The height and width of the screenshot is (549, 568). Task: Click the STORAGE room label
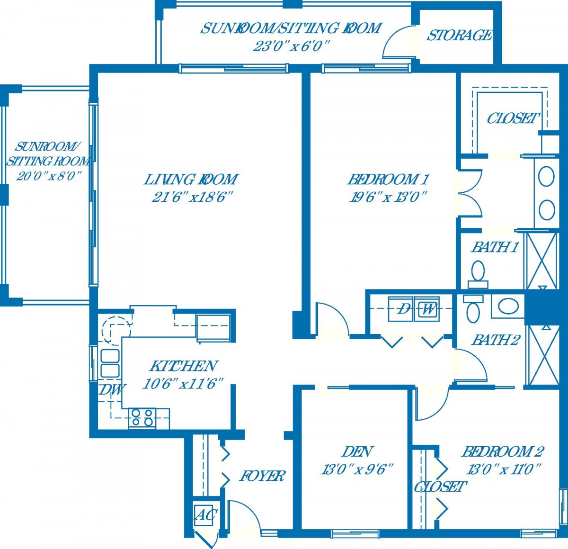tap(459, 36)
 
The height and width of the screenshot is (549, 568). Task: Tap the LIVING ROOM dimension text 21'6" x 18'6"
tap(192, 197)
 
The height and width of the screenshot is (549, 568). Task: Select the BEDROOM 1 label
tap(388, 180)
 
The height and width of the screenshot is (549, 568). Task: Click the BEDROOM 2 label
tap(502, 452)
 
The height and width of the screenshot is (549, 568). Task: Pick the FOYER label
tap(262, 476)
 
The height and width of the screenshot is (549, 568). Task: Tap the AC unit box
tap(205, 515)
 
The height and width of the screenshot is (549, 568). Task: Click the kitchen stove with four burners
tap(142, 418)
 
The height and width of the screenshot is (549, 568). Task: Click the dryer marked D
tap(402, 309)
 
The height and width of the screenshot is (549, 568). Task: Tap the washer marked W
tap(427, 309)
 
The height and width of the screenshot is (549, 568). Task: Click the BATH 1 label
tap(495, 248)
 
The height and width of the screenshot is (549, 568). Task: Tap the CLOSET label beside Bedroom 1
tap(512, 118)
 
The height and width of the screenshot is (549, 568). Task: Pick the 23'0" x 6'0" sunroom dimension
tap(291, 46)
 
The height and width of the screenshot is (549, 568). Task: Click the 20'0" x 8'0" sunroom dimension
tap(48, 176)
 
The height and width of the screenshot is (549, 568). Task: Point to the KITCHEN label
tap(184, 366)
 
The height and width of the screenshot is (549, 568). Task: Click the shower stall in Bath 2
tap(542, 357)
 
